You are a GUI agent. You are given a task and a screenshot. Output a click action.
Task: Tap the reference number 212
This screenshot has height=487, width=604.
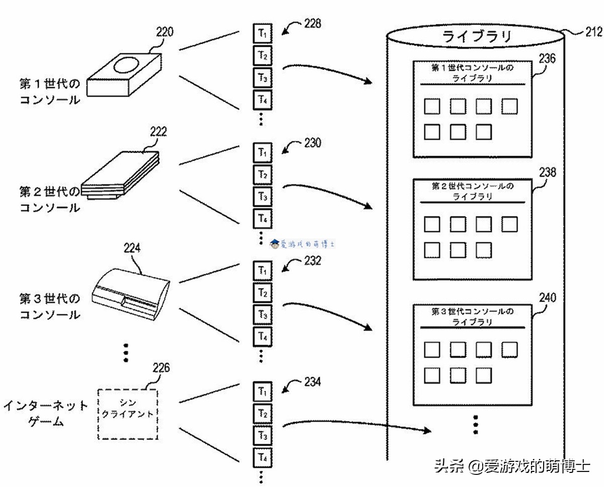593,32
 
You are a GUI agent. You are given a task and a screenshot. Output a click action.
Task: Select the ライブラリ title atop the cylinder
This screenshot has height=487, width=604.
476,36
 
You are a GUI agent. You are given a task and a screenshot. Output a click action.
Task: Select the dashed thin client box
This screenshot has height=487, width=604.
127,414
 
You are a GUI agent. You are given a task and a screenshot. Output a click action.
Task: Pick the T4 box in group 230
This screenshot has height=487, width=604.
262,219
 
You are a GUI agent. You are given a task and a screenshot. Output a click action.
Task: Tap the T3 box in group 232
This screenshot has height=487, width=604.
262,315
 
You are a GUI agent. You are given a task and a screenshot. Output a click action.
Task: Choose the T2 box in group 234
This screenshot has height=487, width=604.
262,413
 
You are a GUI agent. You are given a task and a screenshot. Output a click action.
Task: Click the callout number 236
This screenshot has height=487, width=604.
547,58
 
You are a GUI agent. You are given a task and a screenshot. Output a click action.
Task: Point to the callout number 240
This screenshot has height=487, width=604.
547,298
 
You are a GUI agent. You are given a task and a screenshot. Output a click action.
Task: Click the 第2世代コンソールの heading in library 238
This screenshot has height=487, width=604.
473,186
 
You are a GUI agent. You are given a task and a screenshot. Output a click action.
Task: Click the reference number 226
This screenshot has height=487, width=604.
161,368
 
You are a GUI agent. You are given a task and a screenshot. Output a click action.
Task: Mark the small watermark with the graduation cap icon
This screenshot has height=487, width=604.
303,244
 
